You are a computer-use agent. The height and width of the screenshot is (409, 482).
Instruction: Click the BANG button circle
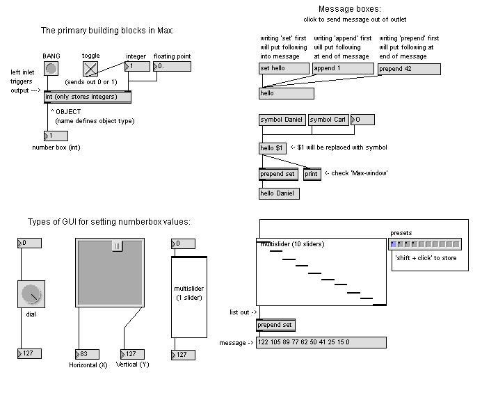point(51,68)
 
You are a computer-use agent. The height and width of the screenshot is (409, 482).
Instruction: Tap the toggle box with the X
point(91,68)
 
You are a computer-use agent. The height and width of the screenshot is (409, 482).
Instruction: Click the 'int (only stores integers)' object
point(88,97)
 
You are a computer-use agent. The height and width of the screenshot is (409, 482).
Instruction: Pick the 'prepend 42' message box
point(409,69)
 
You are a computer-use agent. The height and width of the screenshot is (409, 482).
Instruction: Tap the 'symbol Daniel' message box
point(282,120)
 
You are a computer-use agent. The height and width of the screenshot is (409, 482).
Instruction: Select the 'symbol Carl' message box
point(328,120)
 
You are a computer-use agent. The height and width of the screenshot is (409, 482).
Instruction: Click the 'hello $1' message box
point(272,148)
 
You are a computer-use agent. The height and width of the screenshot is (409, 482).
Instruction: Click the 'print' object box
point(312,174)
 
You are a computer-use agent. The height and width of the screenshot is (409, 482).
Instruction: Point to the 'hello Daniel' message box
point(279,193)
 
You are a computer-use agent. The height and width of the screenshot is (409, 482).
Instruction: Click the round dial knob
point(31,294)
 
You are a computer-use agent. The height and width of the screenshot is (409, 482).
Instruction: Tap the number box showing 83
point(87,354)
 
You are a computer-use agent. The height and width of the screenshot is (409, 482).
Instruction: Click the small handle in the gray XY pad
point(118,246)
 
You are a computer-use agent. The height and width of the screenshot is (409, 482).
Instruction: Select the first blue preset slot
point(394,244)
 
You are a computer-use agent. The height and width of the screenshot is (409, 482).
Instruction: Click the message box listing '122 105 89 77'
point(321,342)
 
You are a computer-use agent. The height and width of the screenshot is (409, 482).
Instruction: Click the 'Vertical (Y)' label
point(132,364)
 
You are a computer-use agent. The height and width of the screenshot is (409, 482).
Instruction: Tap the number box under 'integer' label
point(137,67)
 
